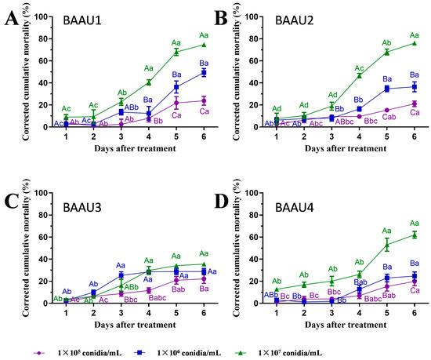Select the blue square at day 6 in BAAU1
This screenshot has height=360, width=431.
click(203, 72)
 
